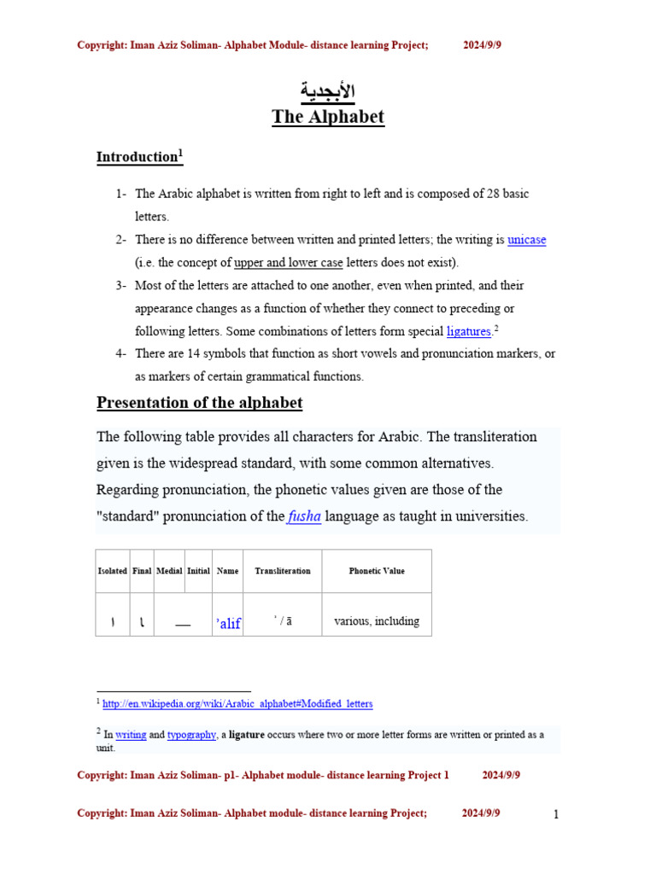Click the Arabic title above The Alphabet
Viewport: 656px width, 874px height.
328,91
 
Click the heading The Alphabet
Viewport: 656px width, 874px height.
328,117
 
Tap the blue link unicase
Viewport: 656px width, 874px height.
526,240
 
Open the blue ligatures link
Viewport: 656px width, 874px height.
469,331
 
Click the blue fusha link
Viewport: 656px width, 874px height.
304,516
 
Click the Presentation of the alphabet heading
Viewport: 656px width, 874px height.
199,403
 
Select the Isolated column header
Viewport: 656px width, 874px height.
112,571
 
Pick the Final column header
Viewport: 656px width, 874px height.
142,571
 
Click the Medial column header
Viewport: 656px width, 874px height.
169,571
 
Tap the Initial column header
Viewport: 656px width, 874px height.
198,571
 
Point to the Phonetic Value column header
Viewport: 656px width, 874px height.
377,571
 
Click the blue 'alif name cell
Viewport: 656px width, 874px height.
228,624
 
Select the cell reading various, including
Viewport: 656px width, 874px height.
377,621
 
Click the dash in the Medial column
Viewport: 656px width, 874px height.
183,625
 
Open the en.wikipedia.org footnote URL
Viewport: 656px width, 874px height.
237,704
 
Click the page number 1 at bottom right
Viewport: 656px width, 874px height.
556,814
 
